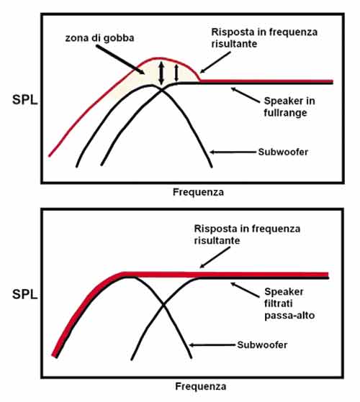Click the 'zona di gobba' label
pos(99,38)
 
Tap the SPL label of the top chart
pos(25,100)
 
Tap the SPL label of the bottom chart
pos(25,294)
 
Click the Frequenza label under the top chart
pos(198,192)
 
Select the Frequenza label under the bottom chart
pos(200,386)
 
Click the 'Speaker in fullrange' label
pos(289,106)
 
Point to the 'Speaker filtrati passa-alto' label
pos(289,303)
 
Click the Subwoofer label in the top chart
pos(283,152)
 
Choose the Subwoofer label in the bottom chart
pos(262,344)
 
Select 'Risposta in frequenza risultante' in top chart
pos(264,37)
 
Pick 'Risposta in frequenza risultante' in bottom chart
pos(247,234)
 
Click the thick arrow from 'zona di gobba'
pos(120,60)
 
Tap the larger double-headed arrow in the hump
pos(161,73)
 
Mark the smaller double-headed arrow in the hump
pos(176,73)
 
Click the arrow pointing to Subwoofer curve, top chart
pos(233,152)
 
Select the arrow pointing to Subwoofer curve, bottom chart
pos(212,345)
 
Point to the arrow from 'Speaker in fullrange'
pos(246,96)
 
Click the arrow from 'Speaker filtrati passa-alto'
pos(245,290)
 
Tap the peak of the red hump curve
pos(158,58)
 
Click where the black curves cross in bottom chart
pos(163,305)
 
